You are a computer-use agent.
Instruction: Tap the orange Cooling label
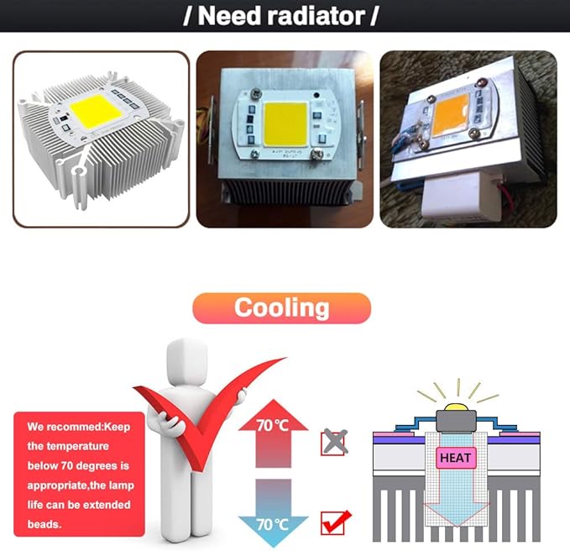282,308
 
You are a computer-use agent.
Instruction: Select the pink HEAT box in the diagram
456,458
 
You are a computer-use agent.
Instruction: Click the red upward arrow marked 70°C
274,433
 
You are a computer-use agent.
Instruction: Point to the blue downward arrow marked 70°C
274,513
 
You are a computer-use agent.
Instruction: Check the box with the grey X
333,443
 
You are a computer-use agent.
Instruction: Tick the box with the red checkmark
334,522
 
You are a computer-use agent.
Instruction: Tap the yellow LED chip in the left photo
97,111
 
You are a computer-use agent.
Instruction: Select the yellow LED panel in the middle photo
285,124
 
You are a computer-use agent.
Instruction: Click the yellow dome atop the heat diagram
457,407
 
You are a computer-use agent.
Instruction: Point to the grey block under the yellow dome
456,421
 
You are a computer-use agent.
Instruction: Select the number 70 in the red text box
67,465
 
